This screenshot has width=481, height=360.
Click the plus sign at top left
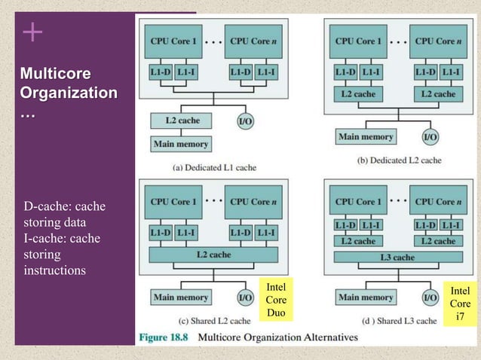[x=32, y=32]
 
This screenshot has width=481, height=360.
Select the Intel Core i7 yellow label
[x=460, y=304]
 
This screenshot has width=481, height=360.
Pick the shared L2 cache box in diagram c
[x=213, y=255]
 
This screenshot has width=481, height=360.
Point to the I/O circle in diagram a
[x=245, y=121]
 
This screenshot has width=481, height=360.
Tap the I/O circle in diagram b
[x=430, y=137]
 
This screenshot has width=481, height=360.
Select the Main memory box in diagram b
[x=366, y=137]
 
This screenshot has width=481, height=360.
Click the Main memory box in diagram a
[x=181, y=143]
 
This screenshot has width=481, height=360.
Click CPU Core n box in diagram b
[x=438, y=41]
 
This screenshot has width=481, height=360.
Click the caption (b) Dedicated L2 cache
[x=397, y=160]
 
